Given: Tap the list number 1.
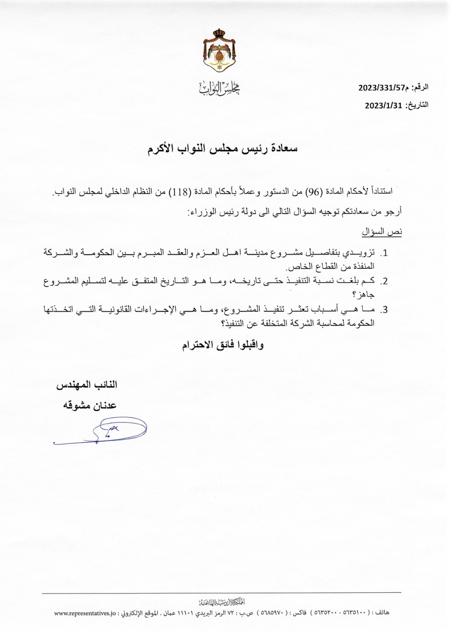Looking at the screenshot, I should click(384, 254).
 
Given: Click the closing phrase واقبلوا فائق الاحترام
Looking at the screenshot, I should click(223, 345).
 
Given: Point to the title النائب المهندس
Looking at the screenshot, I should click(88, 385).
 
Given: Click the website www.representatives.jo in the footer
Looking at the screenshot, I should click(85, 614).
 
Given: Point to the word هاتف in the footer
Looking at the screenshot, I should click(382, 613).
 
